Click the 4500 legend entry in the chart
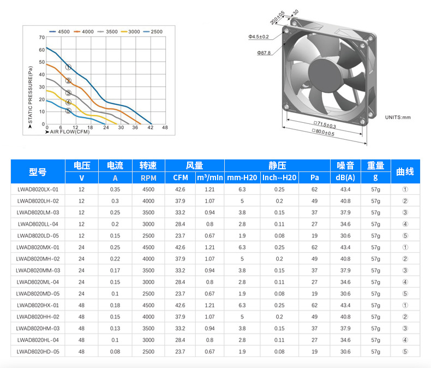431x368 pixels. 59,32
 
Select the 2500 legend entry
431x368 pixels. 153,32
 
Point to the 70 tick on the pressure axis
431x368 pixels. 42,38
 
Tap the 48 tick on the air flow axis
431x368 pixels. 165,127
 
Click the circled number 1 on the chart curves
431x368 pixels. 68,67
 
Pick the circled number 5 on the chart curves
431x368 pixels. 68,111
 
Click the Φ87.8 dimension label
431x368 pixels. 264,53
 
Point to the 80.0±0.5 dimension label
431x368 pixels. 323,132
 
